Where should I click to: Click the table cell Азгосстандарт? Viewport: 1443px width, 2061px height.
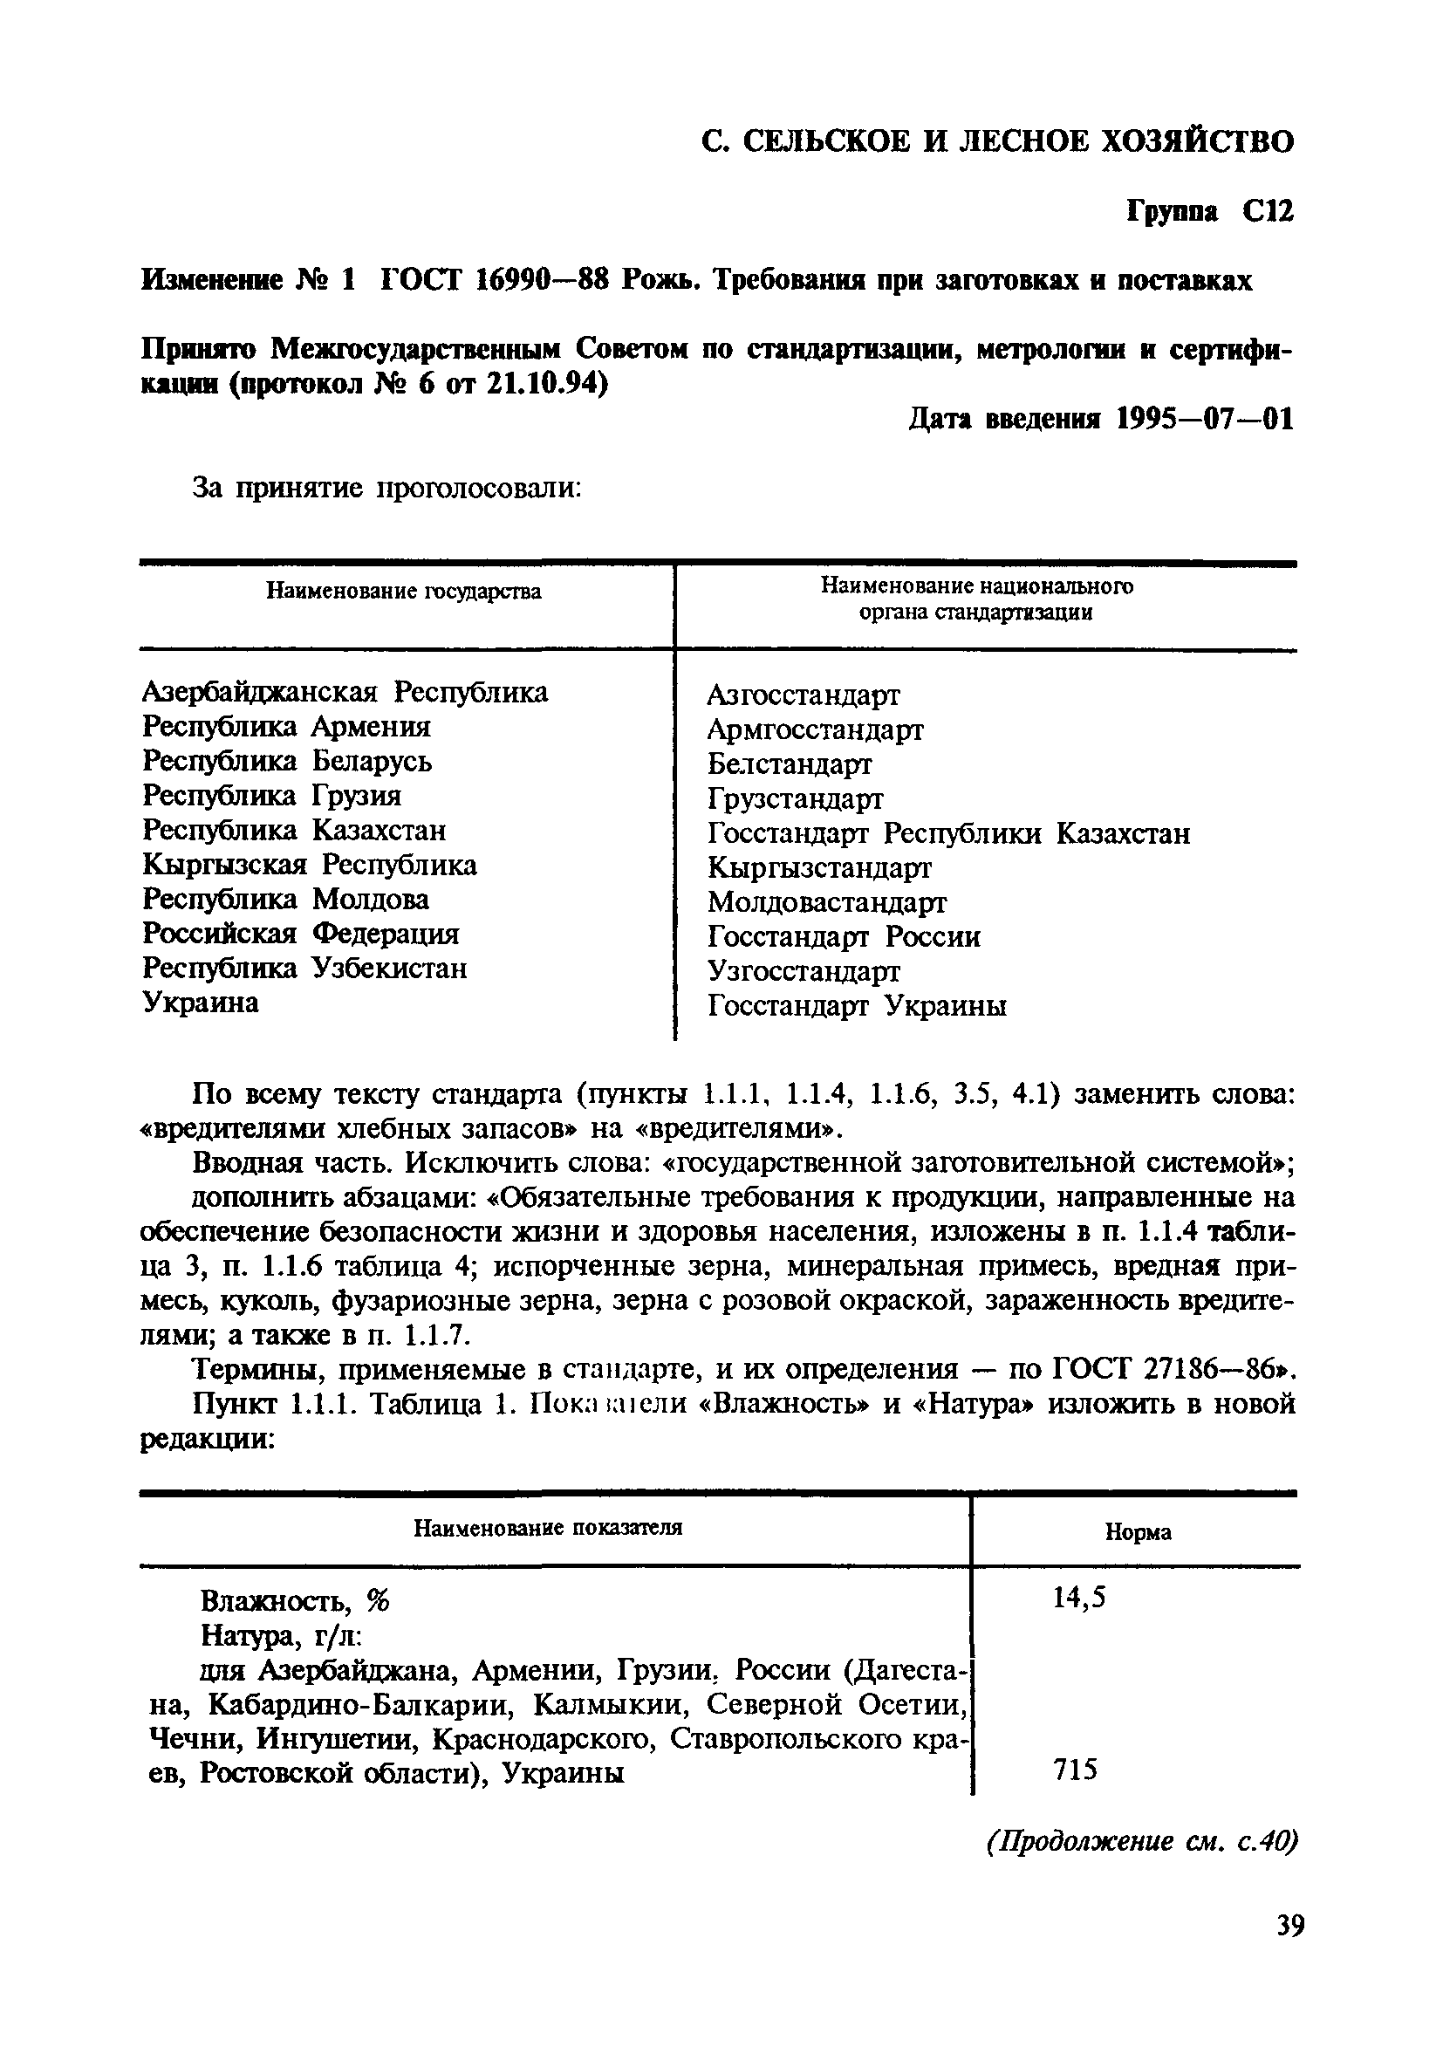804,695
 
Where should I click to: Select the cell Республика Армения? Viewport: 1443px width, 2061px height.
286,726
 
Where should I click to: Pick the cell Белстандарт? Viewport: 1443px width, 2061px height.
789,763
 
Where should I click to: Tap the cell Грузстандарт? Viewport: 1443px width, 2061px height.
795,799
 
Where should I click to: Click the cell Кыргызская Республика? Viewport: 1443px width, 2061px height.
310,865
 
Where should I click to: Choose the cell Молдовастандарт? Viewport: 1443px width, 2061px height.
826,901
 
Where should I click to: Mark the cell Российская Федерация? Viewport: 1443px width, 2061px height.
301,934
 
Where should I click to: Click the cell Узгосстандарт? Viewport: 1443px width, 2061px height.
804,971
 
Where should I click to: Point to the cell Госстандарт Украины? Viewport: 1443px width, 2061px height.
857,1006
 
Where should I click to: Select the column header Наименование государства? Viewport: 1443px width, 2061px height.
404,592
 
